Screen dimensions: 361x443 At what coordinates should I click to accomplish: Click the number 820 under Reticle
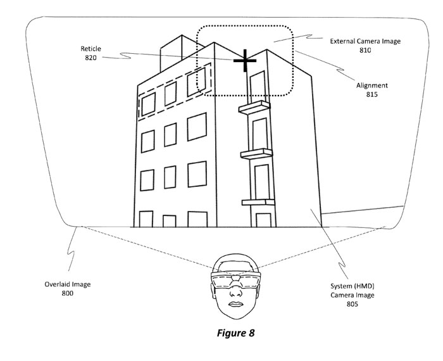91,58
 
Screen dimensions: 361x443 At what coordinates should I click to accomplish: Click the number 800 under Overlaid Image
68,294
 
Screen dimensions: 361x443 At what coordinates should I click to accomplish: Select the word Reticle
91,49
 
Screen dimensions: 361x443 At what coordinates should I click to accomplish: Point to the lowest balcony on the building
256,202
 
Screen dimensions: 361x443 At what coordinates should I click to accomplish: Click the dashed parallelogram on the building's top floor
175,94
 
